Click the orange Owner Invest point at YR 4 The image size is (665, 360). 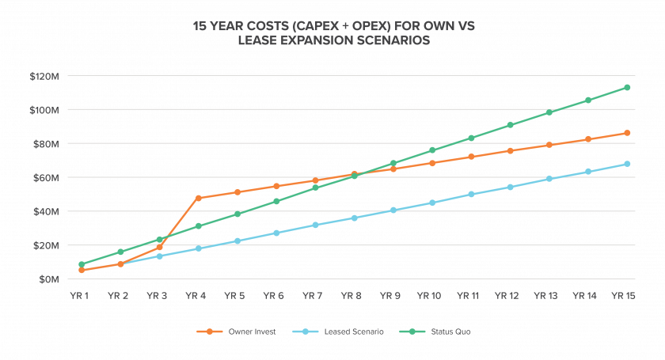coord(199,198)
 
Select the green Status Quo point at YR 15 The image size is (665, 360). coord(627,87)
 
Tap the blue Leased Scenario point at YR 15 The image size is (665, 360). coord(627,164)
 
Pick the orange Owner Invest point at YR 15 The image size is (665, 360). coord(627,133)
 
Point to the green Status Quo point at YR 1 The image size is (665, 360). coord(82,264)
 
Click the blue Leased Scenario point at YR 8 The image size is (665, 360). coord(355,218)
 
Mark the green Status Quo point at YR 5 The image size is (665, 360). coord(237,214)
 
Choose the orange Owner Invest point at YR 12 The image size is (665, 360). coord(510,150)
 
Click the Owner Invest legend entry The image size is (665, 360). coord(236,332)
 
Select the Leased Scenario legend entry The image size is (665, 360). coord(338,332)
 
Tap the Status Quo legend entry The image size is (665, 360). coord(435,332)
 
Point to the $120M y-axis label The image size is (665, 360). coord(44,76)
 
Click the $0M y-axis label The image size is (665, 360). coord(49,279)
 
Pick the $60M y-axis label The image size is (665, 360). coord(46,178)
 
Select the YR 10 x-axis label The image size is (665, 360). coord(429,296)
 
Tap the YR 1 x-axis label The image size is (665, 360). coord(79,296)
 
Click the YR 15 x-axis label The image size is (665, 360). coord(624,296)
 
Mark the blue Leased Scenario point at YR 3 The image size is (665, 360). coord(159,256)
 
